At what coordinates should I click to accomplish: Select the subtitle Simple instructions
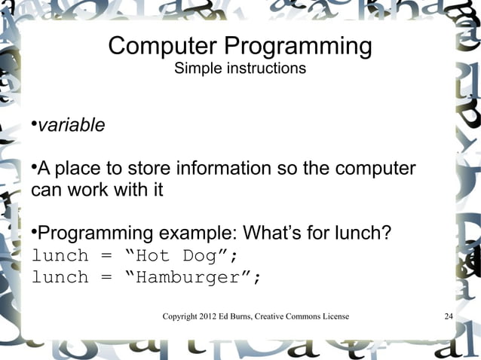(240, 69)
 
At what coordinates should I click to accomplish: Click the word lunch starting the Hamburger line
(60, 278)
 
